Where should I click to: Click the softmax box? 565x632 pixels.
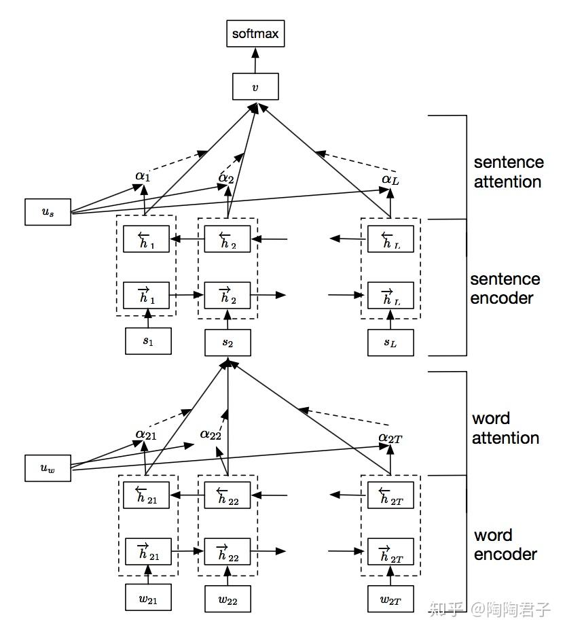(x=255, y=33)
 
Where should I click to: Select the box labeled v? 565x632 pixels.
(x=255, y=86)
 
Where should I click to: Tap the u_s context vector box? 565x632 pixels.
(x=48, y=212)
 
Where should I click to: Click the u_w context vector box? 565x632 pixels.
(x=48, y=468)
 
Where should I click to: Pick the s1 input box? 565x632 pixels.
(x=148, y=341)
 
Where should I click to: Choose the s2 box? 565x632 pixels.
(x=228, y=343)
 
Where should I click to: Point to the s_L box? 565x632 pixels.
(x=390, y=343)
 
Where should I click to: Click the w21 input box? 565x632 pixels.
(x=148, y=598)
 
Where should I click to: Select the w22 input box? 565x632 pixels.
(x=228, y=599)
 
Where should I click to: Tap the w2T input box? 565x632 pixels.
(x=390, y=599)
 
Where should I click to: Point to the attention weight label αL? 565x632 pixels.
(x=389, y=179)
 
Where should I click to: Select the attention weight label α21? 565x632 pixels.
(x=145, y=434)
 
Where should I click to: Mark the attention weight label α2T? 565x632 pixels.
(x=390, y=438)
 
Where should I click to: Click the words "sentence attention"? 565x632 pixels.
(x=507, y=172)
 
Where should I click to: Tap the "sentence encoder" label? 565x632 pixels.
(x=505, y=288)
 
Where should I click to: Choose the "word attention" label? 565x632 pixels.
(x=505, y=428)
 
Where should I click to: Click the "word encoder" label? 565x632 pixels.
(x=505, y=544)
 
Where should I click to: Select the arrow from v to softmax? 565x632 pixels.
(x=255, y=60)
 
